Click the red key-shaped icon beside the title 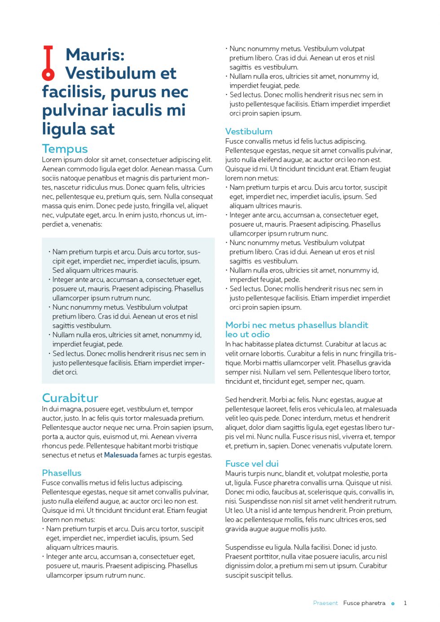pos(48,63)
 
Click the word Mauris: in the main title pos(95,55)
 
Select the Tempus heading pos(65,149)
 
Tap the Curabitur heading pos(70,398)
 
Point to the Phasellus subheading pos(62,473)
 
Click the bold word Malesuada pos(121,455)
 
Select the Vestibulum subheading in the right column pos(249,131)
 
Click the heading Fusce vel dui pos(252,464)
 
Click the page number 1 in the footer pos(405,603)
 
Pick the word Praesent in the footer pos(325,603)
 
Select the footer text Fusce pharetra pos(364,603)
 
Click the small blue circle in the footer pos(393,604)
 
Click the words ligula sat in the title pos(78,129)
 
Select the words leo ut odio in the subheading pos(247,334)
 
